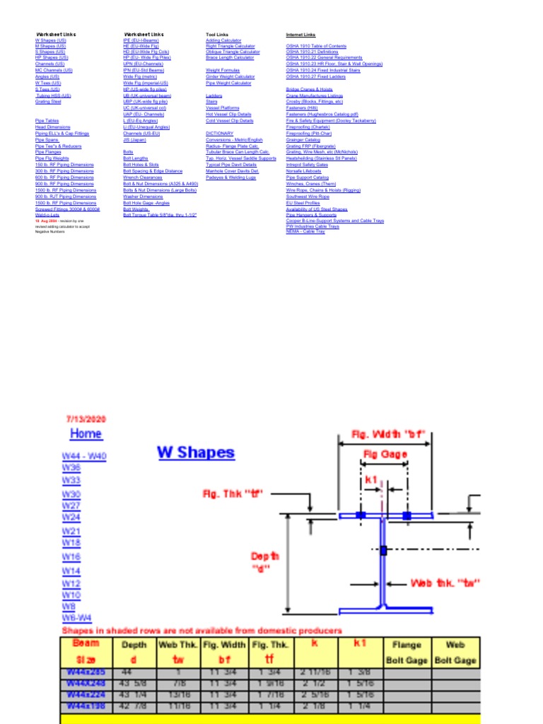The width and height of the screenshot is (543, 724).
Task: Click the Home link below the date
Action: click(x=86, y=433)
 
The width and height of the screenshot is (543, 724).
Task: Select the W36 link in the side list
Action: click(x=71, y=468)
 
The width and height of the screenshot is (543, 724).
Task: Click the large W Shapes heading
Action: click(x=195, y=452)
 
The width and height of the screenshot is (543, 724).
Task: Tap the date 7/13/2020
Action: click(x=86, y=419)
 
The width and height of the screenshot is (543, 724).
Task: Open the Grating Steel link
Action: click(x=48, y=101)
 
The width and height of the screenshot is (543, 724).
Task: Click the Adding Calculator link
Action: click(x=223, y=40)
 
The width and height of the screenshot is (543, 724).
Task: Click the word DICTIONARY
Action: click(x=219, y=133)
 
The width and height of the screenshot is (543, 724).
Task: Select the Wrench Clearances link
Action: click(x=142, y=177)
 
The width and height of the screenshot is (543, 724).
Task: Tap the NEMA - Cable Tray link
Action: click(x=305, y=231)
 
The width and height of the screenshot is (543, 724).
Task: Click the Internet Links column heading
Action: click(x=300, y=34)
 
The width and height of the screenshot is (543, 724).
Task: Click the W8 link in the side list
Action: click(x=68, y=607)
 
